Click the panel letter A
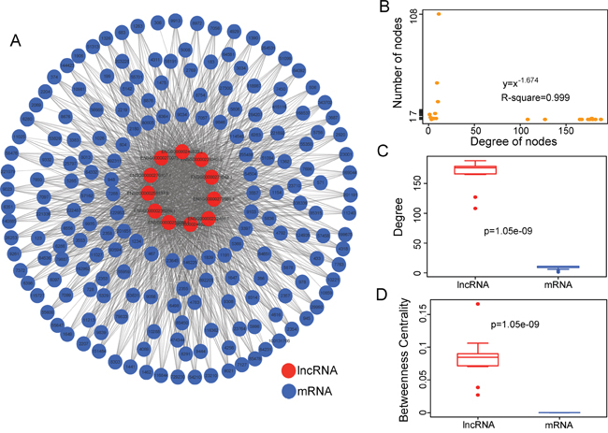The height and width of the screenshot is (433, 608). [16, 40]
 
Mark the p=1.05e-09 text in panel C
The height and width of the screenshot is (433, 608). [516, 229]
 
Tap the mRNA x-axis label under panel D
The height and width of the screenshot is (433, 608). [560, 426]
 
